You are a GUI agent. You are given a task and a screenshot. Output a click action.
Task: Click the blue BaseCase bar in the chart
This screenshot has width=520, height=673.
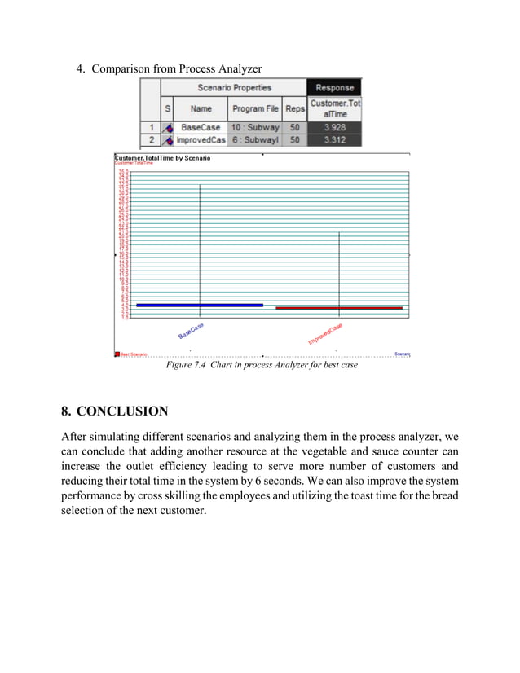(x=200, y=305)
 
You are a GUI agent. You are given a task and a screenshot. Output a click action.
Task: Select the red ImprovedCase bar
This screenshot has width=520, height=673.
(x=339, y=308)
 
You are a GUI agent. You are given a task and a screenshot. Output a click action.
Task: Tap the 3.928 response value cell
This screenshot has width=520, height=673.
(x=334, y=127)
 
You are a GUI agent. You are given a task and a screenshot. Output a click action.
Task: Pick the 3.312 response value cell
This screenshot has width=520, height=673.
(x=334, y=140)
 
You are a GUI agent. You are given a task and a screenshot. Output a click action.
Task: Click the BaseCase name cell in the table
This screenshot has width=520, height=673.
(x=201, y=127)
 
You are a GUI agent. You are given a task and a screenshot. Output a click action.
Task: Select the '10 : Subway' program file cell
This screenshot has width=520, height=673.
(x=255, y=127)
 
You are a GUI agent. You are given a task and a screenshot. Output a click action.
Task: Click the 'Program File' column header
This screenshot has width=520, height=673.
(x=255, y=108)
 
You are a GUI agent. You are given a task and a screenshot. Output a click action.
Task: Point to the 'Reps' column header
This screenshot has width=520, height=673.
(x=295, y=108)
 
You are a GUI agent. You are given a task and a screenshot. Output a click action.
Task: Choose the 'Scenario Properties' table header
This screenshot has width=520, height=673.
(x=234, y=87)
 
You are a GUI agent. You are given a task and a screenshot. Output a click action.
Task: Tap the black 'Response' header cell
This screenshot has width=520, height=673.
(x=334, y=87)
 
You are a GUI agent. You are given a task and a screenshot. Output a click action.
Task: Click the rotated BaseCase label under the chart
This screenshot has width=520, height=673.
(x=191, y=331)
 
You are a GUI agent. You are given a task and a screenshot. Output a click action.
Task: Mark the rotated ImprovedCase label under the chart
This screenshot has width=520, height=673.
(x=325, y=334)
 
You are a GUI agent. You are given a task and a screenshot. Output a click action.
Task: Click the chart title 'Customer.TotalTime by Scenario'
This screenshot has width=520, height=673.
(x=162, y=158)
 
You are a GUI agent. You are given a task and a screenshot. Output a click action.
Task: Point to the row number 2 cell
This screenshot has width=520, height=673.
(x=150, y=140)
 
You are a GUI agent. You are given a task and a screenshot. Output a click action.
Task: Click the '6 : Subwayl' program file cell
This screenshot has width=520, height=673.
(x=255, y=140)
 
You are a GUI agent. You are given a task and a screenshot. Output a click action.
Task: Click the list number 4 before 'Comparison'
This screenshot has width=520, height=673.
(x=81, y=68)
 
